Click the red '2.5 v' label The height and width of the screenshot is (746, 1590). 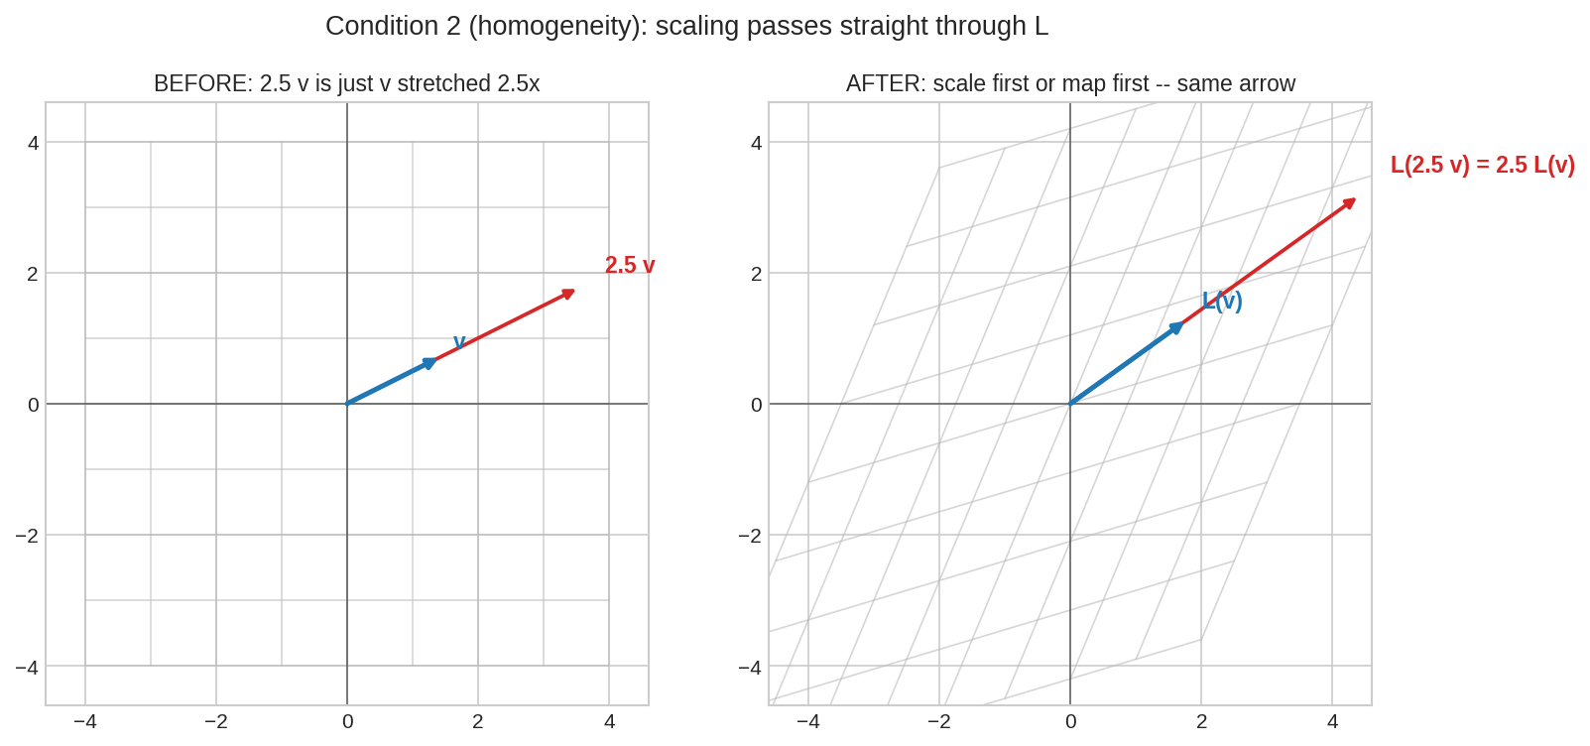click(x=630, y=266)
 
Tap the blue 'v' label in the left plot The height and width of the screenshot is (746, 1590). click(x=459, y=342)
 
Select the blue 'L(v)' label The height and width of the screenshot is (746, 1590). click(x=1222, y=302)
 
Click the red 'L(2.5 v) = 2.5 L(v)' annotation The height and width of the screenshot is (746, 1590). click(x=1483, y=166)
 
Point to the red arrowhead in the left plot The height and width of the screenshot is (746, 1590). click(x=568, y=294)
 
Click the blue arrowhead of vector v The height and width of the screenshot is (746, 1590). click(x=430, y=363)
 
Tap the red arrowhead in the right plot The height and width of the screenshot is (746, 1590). click(x=1350, y=203)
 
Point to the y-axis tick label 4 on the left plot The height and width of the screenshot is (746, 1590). click(x=34, y=143)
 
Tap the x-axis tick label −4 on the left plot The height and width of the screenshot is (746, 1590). click(x=85, y=722)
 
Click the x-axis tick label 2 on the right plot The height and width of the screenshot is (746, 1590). click(x=1202, y=722)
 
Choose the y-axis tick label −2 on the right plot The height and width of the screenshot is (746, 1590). click(x=750, y=535)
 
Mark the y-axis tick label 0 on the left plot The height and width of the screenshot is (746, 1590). click(x=34, y=405)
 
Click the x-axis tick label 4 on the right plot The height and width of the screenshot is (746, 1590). click(x=1332, y=722)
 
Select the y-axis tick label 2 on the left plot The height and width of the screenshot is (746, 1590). click(x=34, y=273)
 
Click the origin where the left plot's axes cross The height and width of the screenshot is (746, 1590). click(x=347, y=404)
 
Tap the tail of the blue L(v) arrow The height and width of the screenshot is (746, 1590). click(x=1070, y=404)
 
